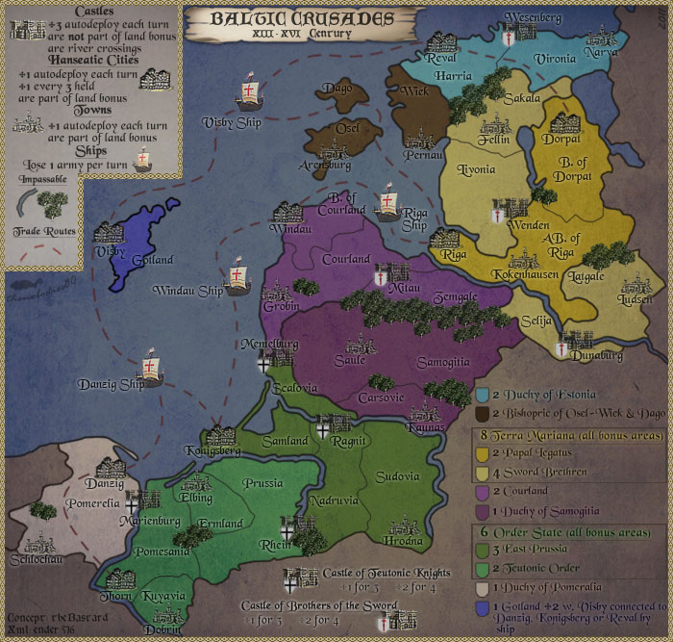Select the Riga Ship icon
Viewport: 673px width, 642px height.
point(386,203)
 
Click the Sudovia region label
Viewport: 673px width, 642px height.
point(397,475)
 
